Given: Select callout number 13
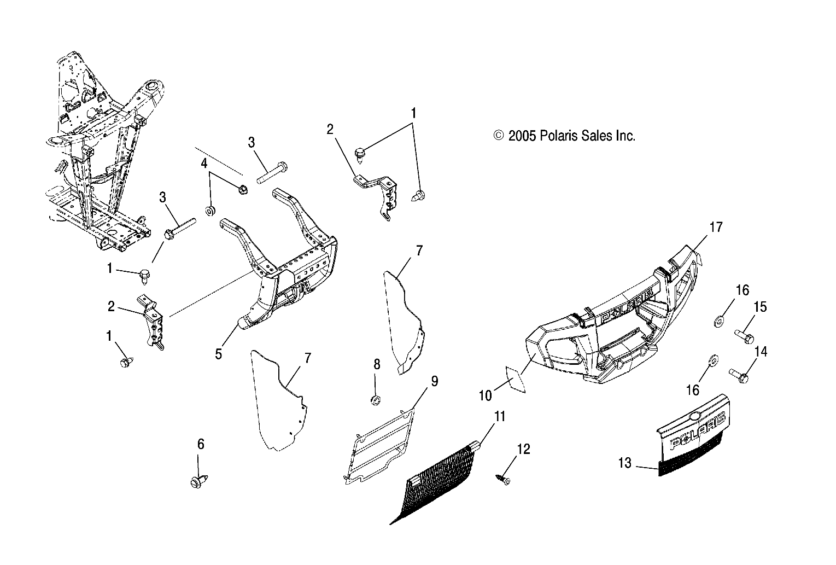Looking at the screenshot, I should (x=625, y=463).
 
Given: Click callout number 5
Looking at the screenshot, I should (x=219, y=354).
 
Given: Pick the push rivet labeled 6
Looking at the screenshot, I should (x=197, y=482).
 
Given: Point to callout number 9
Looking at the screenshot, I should (x=434, y=381).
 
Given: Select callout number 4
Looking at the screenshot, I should (x=204, y=163).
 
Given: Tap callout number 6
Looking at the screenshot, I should (x=201, y=444).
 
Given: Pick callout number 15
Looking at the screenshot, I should (x=760, y=307).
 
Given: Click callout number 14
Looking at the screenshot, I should (x=760, y=352).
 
